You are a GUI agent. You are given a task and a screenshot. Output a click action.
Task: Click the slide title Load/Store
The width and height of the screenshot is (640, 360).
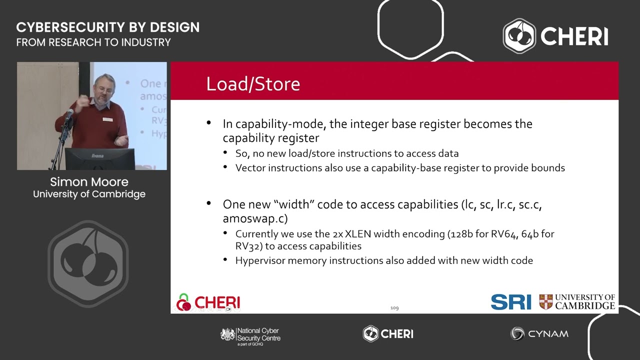(253, 84)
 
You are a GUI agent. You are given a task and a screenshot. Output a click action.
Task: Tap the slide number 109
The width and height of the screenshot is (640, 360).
(394, 307)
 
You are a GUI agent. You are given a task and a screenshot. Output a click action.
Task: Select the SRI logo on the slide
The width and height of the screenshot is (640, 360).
(511, 302)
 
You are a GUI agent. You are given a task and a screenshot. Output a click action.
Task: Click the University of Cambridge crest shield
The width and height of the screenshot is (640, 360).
(545, 302)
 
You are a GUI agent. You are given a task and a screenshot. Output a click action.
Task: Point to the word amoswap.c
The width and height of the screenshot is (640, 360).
(255, 218)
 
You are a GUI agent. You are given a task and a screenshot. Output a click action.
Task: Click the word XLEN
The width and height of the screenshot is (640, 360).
(357, 234)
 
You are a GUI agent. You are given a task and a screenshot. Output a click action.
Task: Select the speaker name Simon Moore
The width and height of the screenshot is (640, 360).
(89, 182)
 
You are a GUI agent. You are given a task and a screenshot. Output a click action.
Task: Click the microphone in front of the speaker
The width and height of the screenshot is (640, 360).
(69, 114)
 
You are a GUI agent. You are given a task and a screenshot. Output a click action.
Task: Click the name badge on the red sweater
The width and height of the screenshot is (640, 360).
(107, 119)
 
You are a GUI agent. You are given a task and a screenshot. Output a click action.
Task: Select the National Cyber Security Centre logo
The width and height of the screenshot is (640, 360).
(250, 336)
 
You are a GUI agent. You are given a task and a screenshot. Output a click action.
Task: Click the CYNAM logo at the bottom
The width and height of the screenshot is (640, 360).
(539, 333)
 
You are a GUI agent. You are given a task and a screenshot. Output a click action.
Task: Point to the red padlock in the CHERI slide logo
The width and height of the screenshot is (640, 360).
(183, 302)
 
